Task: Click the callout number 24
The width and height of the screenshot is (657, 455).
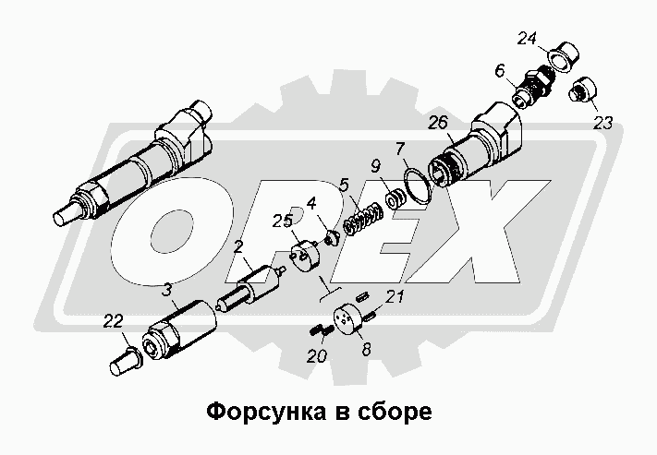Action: pyautogui.click(x=527, y=39)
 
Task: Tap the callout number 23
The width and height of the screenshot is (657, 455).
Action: pyautogui.click(x=602, y=123)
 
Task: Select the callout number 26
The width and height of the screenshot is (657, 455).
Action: pyautogui.click(x=438, y=123)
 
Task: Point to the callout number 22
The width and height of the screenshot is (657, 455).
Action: pyautogui.click(x=113, y=321)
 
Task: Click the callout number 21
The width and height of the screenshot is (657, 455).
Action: pyautogui.click(x=395, y=296)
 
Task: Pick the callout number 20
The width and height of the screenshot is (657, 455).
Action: pyautogui.click(x=317, y=356)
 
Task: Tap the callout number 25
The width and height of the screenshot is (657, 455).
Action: pyautogui.click(x=282, y=221)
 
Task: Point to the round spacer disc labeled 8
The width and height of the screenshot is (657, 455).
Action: pyautogui.click(x=347, y=320)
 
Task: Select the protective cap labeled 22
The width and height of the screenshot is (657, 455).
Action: pyautogui.click(x=126, y=361)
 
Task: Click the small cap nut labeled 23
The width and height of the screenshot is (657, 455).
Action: pyautogui.click(x=583, y=90)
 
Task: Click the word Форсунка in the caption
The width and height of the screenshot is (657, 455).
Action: pyautogui.click(x=266, y=412)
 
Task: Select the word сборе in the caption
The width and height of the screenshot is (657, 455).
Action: pyautogui.click(x=395, y=413)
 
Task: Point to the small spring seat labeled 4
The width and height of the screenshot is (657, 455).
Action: pyautogui.click(x=332, y=238)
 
